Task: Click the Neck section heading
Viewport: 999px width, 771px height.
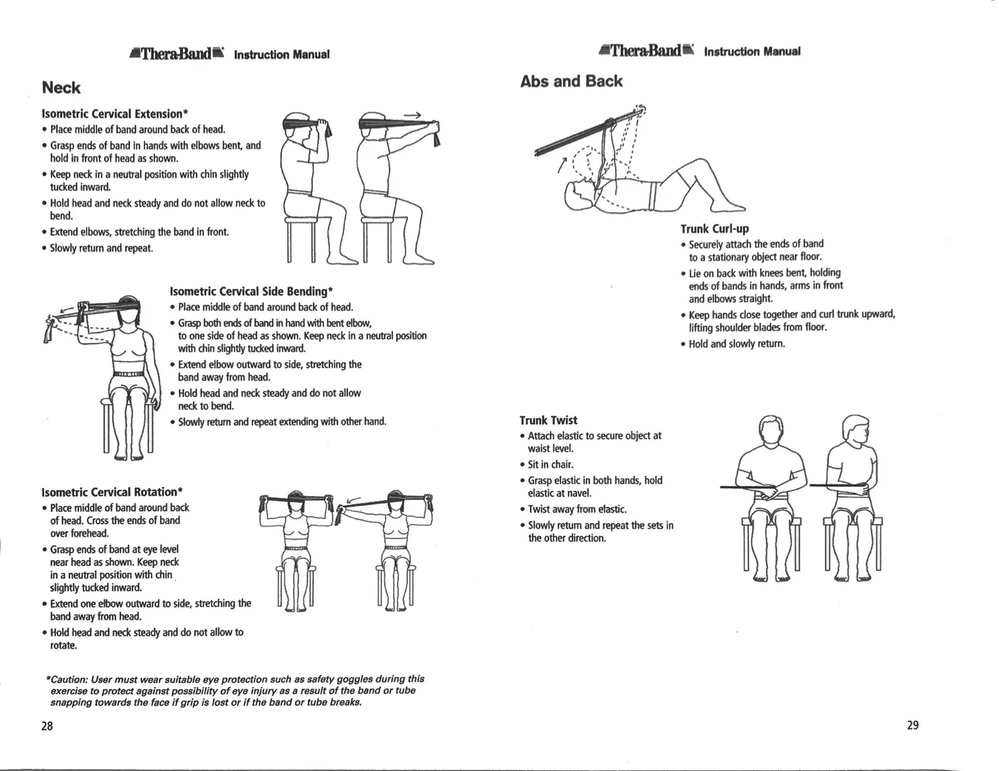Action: click(x=61, y=88)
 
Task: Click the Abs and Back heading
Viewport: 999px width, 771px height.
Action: click(x=571, y=81)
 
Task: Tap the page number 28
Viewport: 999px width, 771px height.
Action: click(x=47, y=726)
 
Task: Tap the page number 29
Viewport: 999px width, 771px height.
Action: click(x=913, y=725)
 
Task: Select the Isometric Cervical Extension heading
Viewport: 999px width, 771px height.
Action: click(x=114, y=114)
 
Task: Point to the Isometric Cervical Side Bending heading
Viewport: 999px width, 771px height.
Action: click(x=252, y=291)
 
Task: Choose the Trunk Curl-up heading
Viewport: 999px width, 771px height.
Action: click(x=714, y=229)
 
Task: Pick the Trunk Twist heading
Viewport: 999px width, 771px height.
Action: click(x=548, y=420)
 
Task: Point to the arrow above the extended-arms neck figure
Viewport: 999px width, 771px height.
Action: click(x=412, y=115)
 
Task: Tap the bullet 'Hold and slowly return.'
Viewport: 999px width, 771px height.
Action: click(x=736, y=344)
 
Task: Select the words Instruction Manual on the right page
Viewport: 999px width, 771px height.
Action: click(x=751, y=51)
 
